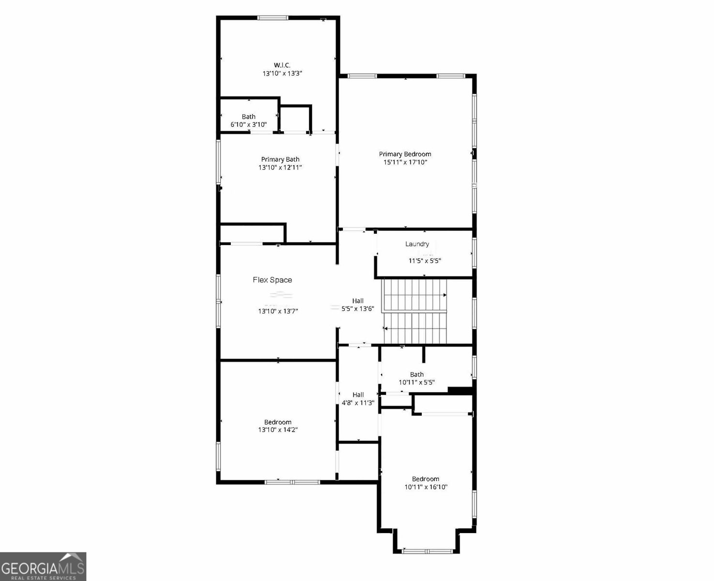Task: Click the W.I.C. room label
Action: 282,65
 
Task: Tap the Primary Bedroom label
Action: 405,154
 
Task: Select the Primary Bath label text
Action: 280,159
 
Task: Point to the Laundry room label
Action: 417,244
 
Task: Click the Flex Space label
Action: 272,280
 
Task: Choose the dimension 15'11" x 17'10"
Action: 405,163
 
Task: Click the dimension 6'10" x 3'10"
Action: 249,124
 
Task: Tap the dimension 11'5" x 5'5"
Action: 425,260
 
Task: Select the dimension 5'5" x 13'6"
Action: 358,308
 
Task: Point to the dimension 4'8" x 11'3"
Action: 358,402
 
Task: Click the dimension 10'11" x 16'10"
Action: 426,487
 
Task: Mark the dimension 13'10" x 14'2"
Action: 278,429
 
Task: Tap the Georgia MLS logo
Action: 43,566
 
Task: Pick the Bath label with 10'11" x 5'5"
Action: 416,374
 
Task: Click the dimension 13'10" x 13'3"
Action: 283,74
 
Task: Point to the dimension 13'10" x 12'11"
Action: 280,168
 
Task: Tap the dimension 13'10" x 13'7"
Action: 278,311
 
